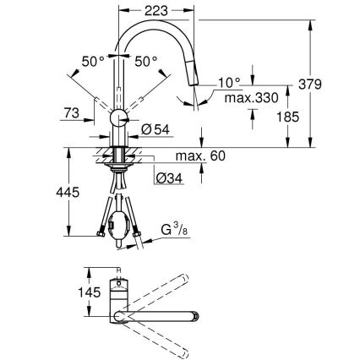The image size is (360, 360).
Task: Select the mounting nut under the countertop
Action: tap(119, 157)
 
